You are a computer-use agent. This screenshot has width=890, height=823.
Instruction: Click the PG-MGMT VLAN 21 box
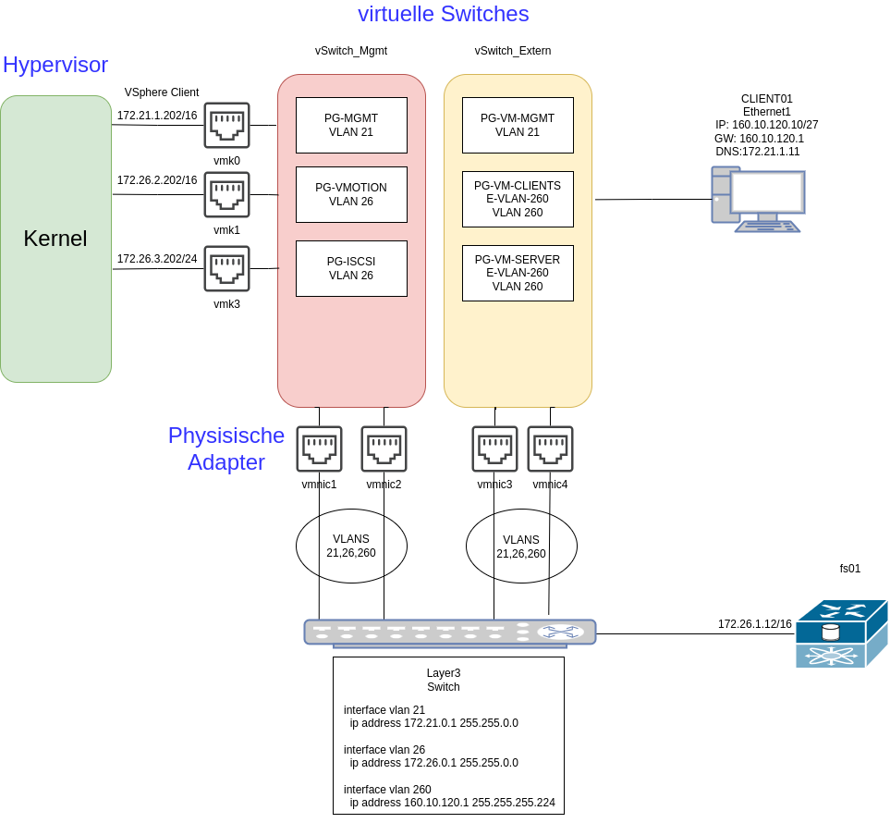click(x=351, y=125)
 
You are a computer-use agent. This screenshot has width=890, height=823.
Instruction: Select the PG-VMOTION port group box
click(x=351, y=194)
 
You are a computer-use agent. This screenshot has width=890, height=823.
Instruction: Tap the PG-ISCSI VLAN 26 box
click(x=351, y=268)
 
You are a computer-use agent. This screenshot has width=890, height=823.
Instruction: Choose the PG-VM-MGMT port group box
click(x=518, y=125)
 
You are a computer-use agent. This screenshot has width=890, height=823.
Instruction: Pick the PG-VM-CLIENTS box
click(x=518, y=199)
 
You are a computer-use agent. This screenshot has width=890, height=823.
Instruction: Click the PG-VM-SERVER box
click(x=518, y=273)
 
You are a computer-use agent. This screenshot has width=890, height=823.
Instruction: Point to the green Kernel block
click(x=55, y=239)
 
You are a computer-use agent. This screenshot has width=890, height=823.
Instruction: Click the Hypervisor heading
click(x=55, y=65)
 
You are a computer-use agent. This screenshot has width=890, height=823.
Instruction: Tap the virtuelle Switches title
click(x=443, y=14)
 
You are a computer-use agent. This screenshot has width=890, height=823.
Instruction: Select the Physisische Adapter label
click(x=226, y=448)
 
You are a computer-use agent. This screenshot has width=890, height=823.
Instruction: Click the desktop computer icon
click(x=757, y=199)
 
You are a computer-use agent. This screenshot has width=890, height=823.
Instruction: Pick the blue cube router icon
click(x=841, y=633)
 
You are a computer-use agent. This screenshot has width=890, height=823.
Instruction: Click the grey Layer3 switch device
click(x=450, y=633)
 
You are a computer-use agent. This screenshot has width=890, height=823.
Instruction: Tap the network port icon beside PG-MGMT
click(x=226, y=125)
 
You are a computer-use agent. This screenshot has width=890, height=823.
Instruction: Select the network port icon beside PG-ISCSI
click(x=226, y=268)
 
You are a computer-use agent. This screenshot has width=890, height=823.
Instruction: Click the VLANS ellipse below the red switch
click(x=351, y=546)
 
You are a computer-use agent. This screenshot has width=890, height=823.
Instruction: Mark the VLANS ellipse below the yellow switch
click(x=521, y=547)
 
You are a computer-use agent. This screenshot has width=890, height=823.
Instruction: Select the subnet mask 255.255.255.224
click(x=513, y=803)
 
